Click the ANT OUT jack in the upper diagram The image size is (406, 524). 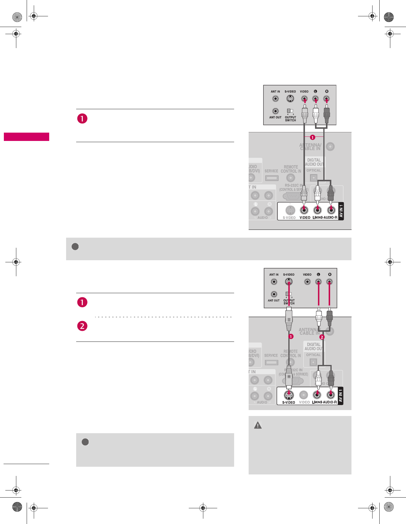[276, 111]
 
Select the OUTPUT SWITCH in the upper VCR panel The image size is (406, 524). [290, 111]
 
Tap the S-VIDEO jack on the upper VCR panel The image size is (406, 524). [290, 99]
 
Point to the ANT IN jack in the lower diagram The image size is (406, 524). [274, 282]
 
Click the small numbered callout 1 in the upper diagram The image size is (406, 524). [312, 137]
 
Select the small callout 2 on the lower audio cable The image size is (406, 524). [322, 337]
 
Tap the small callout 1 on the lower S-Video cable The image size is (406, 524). [291, 336]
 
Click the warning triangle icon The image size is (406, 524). [258, 425]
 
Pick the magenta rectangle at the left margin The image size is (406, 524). [26, 137]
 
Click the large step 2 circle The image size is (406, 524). [82, 326]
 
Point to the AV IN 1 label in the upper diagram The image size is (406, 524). [341, 211]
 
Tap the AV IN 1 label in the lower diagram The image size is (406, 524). [340, 396]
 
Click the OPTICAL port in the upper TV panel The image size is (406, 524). [314, 178]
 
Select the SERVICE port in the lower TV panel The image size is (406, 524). [271, 362]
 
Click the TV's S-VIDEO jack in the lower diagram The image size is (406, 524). [289, 395]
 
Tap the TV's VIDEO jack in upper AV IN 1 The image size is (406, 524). [304, 210]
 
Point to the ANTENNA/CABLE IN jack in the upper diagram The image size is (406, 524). [330, 146]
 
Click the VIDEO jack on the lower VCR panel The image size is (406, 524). [308, 282]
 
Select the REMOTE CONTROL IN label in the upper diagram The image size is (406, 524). [291, 169]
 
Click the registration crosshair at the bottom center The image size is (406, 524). [203, 508]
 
